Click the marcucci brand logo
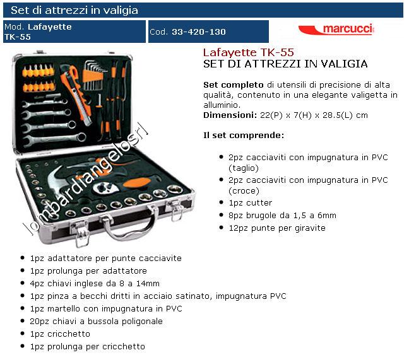336,29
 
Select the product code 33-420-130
198,32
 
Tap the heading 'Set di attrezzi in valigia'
74,10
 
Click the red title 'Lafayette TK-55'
248,52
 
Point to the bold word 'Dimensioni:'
230,115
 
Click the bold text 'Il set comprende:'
244,135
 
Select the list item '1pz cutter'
250,202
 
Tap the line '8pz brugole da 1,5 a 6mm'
282,216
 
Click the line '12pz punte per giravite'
277,228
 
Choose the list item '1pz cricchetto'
60,334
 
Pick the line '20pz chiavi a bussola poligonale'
96,322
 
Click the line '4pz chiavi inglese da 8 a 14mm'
95,284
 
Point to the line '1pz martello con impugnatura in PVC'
106,309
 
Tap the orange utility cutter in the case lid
76,95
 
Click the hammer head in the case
56,182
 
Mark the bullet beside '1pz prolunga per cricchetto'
23,347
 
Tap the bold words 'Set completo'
234,85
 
